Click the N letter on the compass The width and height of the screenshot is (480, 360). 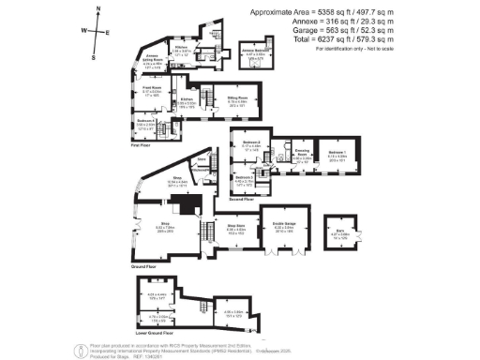(x=98, y=7)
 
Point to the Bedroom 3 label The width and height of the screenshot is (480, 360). (x=242, y=176)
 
